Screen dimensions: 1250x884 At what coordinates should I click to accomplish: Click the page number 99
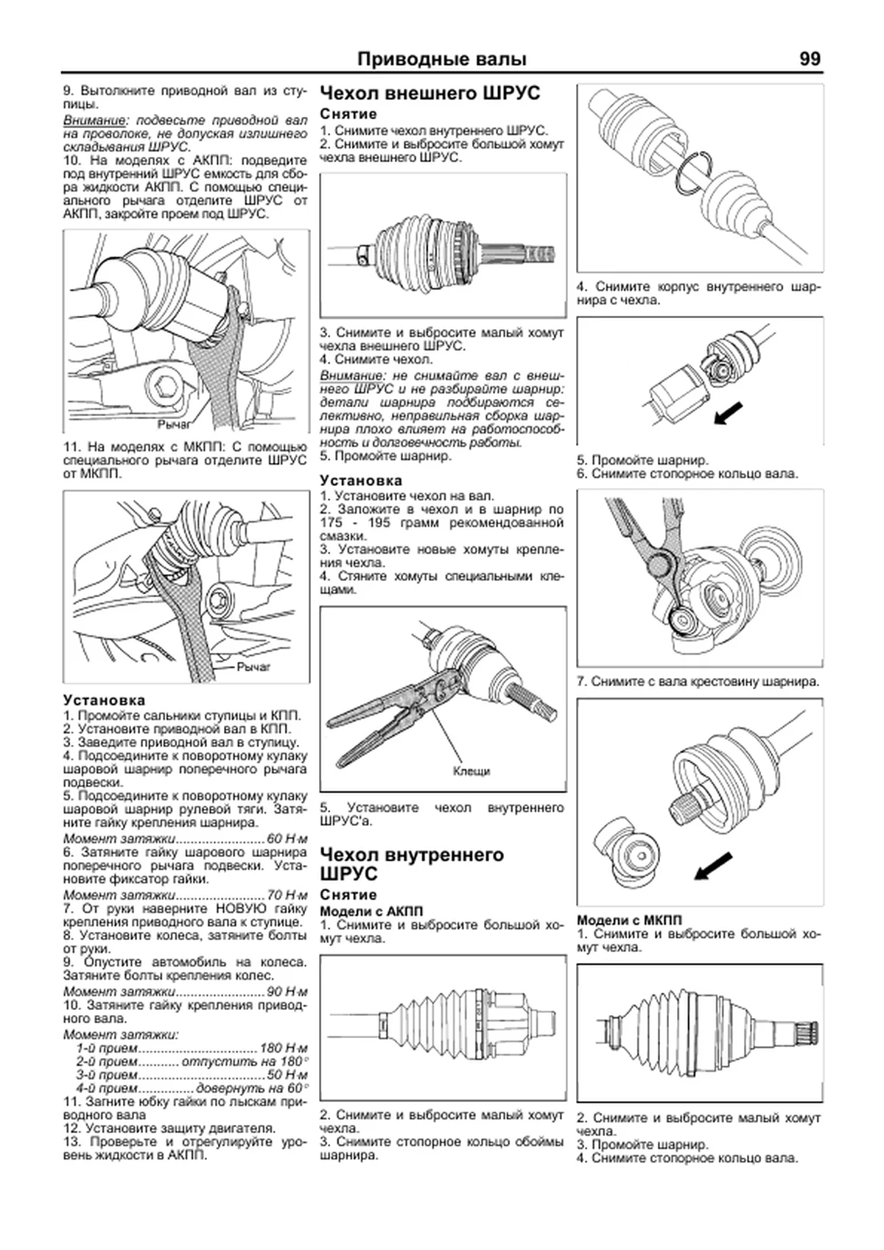[x=809, y=59]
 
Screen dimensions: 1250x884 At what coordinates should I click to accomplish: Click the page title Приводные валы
[x=441, y=59]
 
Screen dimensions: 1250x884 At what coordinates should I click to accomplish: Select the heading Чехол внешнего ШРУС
[x=430, y=93]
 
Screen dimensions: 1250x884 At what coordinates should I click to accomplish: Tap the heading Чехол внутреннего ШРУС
[x=412, y=864]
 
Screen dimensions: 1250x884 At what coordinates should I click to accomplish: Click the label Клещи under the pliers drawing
[x=471, y=771]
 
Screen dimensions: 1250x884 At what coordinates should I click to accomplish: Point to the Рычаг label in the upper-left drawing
[x=174, y=425]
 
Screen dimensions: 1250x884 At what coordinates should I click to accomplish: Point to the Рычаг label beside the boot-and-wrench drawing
[x=253, y=666]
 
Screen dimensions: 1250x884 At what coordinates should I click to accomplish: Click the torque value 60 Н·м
[x=287, y=838]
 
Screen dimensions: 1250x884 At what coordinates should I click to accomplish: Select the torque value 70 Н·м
[x=287, y=895]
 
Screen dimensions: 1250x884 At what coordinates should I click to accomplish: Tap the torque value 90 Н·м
[x=287, y=991]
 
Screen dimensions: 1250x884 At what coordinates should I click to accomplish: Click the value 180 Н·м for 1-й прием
[x=284, y=1048]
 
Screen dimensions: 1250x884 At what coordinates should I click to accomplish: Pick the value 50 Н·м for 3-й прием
[x=287, y=1075]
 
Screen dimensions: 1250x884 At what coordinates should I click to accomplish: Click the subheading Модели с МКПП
[x=629, y=920]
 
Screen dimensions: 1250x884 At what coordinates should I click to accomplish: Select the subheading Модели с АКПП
[x=371, y=911]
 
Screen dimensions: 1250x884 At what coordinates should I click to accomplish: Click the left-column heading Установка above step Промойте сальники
[x=104, y=700]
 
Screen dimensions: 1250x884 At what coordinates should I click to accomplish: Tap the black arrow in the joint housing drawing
[x=729, y=413]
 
